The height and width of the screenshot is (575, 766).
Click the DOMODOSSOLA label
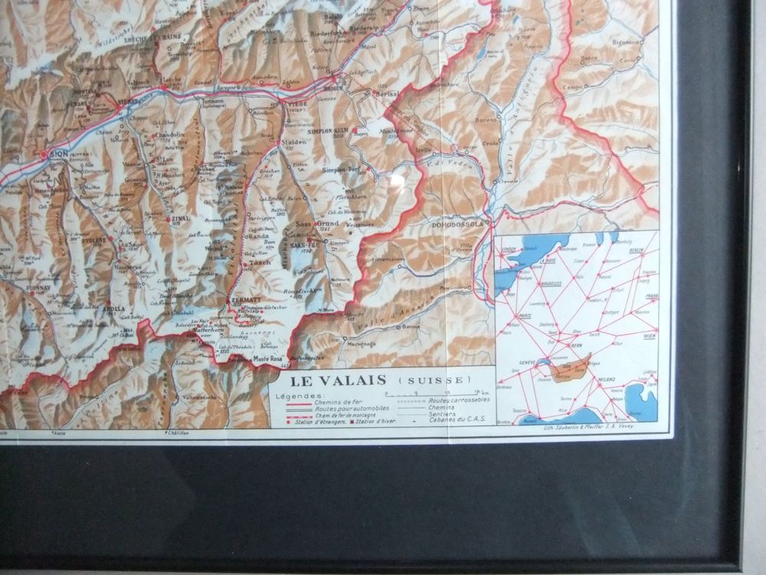(x=460, y=224)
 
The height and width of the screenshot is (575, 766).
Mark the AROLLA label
(x=114, y=309)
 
